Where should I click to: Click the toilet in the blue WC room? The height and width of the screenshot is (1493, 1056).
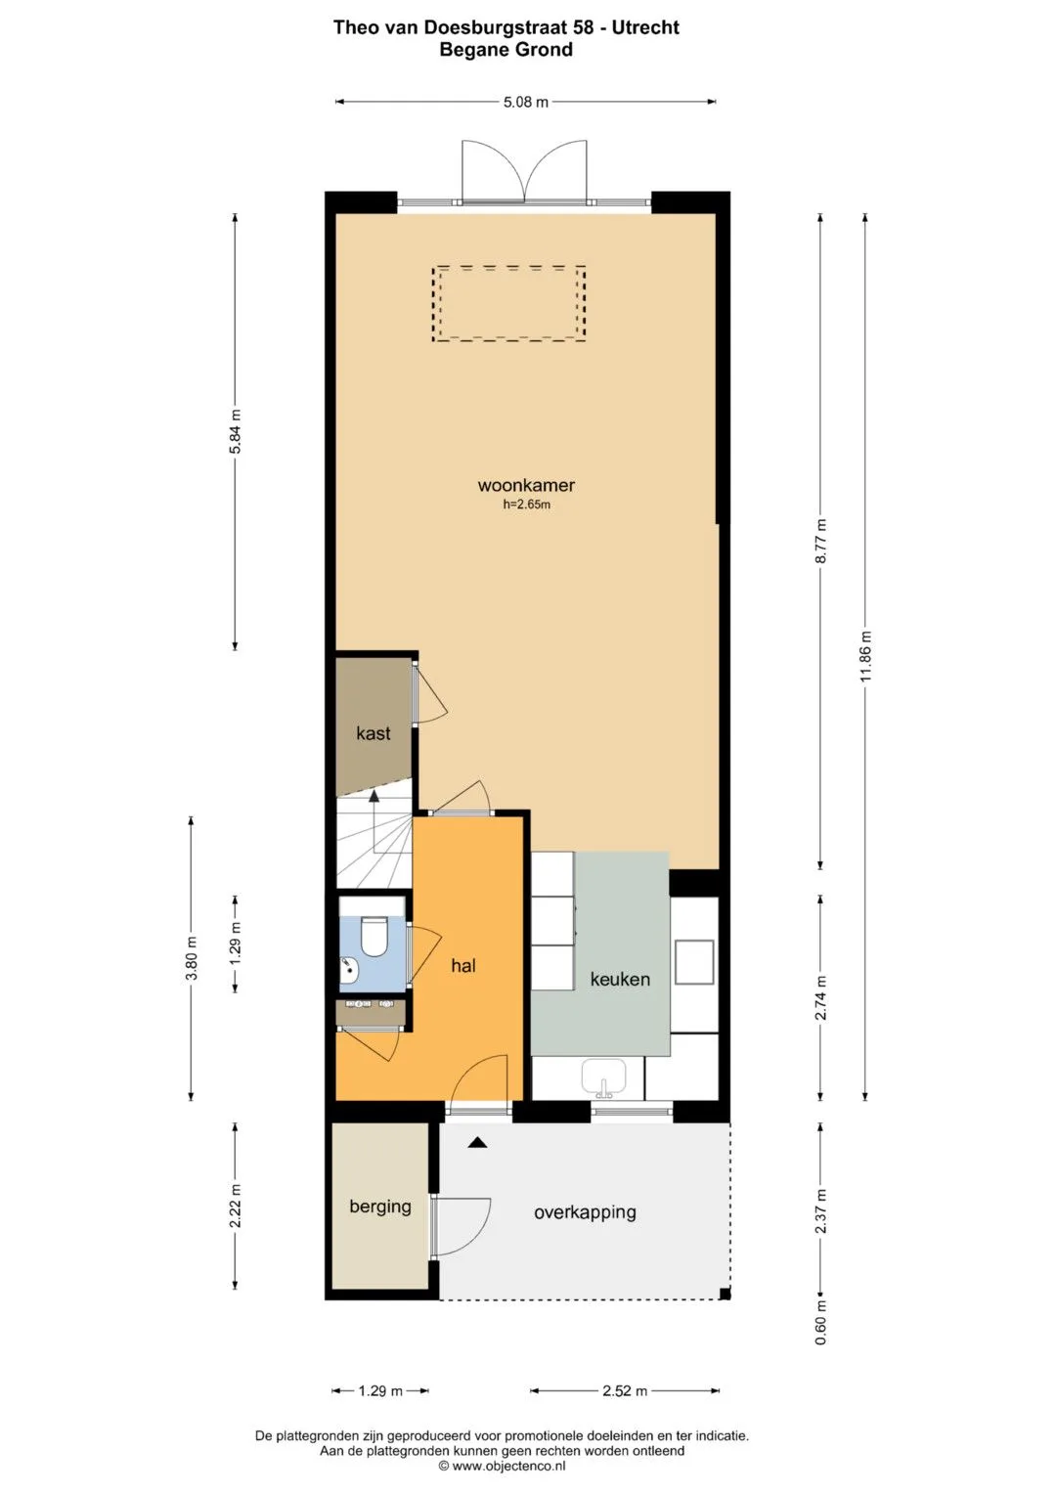click(374, 937)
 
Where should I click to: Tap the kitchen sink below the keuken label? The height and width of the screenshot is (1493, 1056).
click(604, 1077)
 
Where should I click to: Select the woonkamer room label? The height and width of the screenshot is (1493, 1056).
click(526, 485)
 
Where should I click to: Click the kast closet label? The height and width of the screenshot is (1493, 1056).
click(374, 733)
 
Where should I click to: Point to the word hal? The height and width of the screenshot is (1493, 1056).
click(462, 966)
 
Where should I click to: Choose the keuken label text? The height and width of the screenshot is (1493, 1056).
click(620, 979)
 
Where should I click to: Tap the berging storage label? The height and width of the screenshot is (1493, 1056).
click(380, 1207)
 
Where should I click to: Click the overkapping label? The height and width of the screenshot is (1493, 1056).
click(585, 1212)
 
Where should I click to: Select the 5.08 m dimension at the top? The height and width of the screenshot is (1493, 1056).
click(525, 102)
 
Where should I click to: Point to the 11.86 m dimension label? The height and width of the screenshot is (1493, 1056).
click(866, 655)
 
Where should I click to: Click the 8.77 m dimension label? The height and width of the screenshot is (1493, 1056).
click(820, 541)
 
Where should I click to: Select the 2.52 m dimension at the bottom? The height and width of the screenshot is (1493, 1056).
click(625, 1391)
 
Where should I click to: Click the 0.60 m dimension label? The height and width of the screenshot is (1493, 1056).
click(820, 1322)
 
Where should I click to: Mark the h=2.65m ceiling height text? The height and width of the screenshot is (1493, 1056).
click(527, 505)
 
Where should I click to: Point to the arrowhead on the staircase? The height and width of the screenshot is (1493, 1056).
click(374, 795)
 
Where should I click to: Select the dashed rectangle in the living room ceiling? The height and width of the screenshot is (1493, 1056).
click(508, 304)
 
